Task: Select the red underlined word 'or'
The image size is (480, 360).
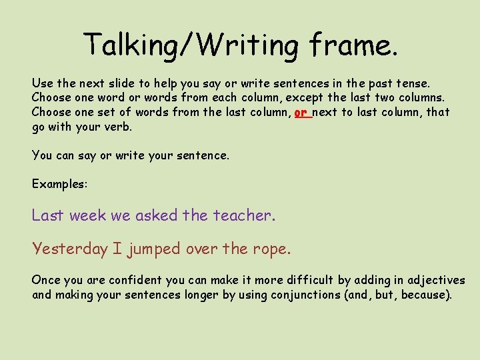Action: tap(301, 112)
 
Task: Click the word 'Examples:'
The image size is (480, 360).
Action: tap(59, 183)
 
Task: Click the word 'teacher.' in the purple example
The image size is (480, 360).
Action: tap(244, 215)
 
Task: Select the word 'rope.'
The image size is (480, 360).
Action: tap(271, 249)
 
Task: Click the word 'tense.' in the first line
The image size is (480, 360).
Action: tap(414, 84)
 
